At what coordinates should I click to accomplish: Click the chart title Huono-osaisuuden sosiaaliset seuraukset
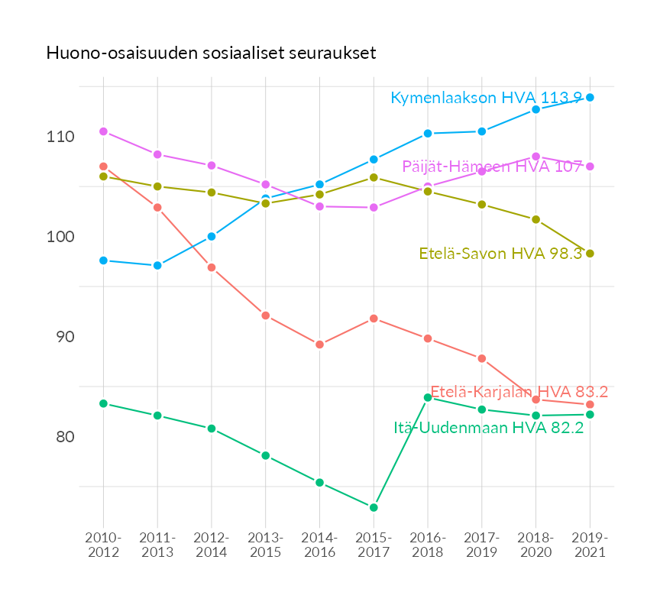(x=210, y=53)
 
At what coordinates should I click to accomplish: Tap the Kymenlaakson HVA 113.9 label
(x=487, y=98)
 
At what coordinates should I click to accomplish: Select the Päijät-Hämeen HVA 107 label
(x=493, y=167)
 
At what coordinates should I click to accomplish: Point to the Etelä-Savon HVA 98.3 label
(x=501, y=254)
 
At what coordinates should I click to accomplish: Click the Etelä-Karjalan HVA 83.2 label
(x=519, y=392)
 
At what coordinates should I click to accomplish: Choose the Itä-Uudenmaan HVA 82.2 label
(x=489, y=428)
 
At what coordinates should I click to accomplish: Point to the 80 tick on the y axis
(x=63, y=437)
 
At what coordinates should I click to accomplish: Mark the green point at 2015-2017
(x=374, y=507)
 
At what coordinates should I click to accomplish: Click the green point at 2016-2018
(x=428, y=397)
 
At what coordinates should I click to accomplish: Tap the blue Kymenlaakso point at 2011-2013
(x=157, y=266)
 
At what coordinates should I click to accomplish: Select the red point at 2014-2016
(x=320, y=345)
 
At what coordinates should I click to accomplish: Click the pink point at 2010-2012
(x=103, y=131)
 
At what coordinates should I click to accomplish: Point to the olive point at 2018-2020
(x=536, y=219)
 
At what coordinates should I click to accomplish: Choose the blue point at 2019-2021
(x=590, y=98)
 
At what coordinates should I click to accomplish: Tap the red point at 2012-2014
(x=212, y=267)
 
